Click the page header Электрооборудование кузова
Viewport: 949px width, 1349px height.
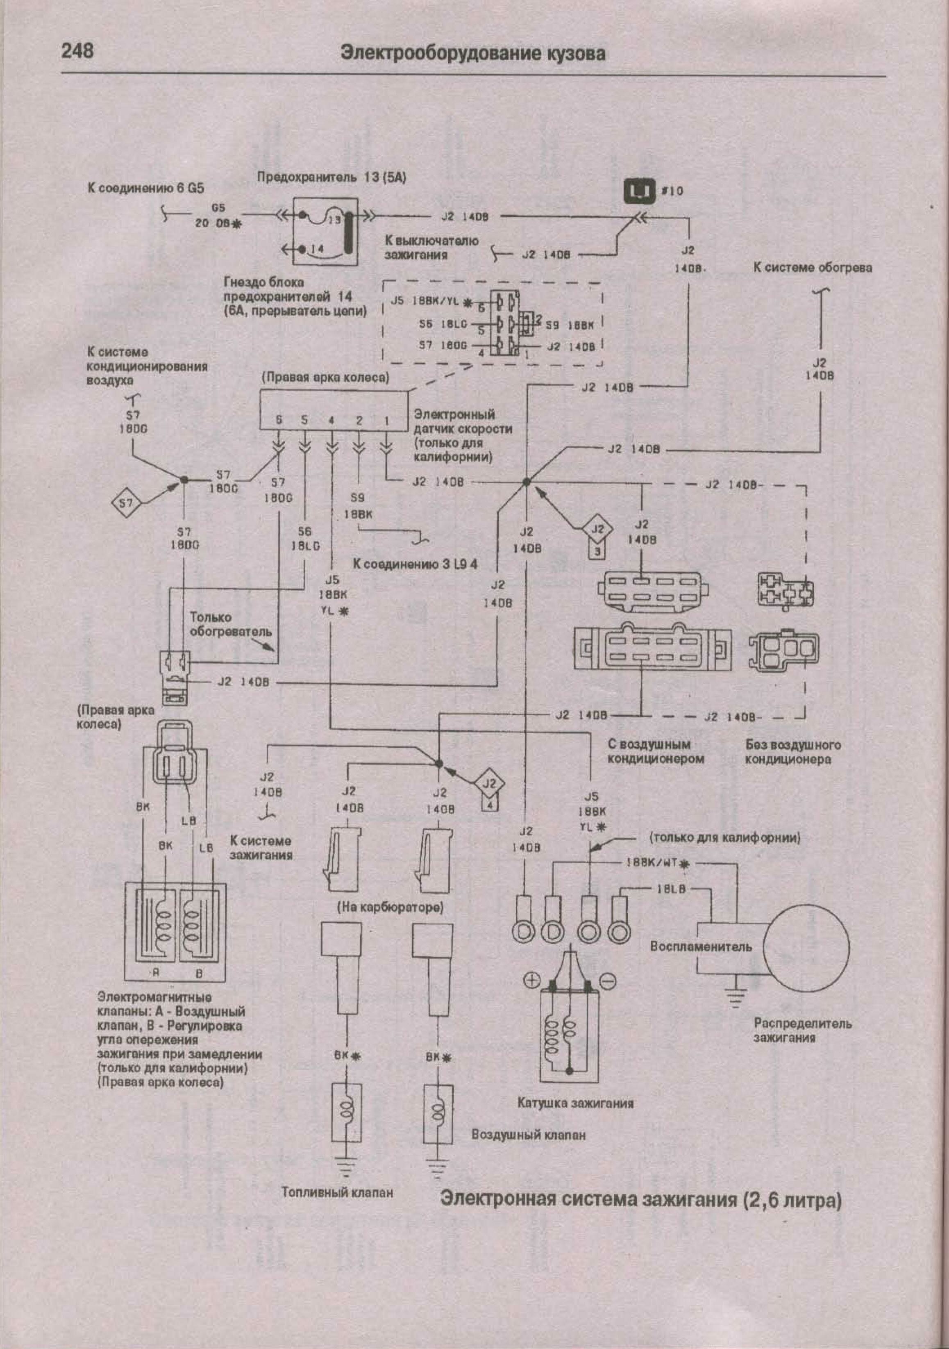pos(473,53)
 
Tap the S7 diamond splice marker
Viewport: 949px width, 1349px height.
pos(126,503)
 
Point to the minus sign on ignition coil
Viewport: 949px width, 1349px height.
pos(608,980)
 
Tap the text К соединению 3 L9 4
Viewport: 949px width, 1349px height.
pos(415,564)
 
